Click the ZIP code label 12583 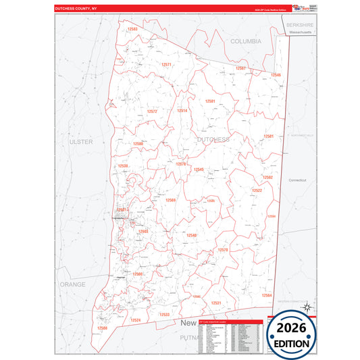click(132, 29)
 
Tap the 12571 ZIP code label click(166, 64)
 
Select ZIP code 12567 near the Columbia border click(240, 68)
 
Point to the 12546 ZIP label click(276, 75)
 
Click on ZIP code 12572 click(152, 111)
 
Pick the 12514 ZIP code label click(182, 110)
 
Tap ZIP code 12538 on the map click(123, 165)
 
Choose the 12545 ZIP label click(199, 170)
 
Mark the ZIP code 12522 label click(257, 190)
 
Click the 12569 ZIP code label click(171, 200)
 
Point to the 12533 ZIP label click(165, 315)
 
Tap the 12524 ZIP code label click(136, 319)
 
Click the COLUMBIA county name click(245, 41)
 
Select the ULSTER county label click(80, 143)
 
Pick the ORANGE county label click(72, 284)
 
